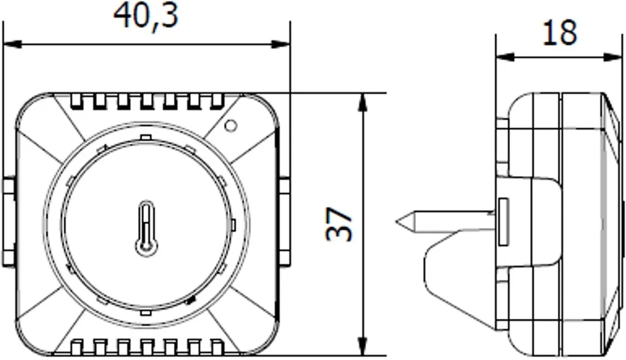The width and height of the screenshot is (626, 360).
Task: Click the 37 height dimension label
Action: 339,225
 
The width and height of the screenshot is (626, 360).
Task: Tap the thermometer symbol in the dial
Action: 146,229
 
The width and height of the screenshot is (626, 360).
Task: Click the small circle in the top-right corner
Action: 231,126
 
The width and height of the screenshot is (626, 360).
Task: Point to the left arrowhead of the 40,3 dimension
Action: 12,44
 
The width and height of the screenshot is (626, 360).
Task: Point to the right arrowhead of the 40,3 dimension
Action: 281,44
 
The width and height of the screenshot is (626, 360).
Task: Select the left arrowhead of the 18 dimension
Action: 505,57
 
